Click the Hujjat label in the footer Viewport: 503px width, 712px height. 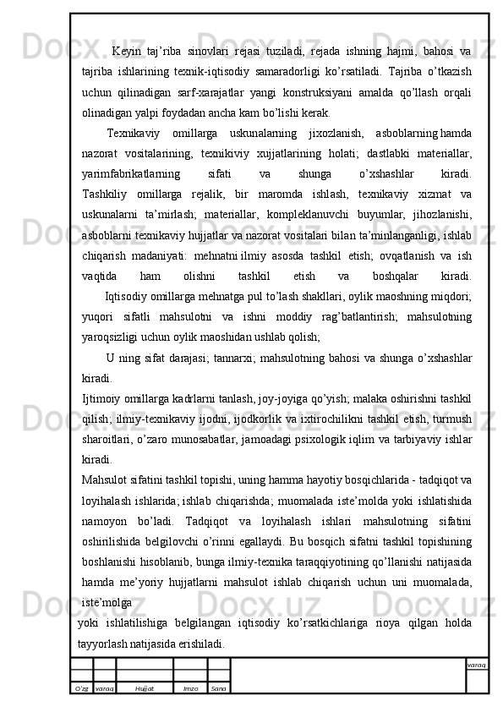(x=144, y=689)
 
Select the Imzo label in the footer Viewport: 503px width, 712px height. (x=190, y=689)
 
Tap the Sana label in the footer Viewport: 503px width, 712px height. (x=217, y=689)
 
